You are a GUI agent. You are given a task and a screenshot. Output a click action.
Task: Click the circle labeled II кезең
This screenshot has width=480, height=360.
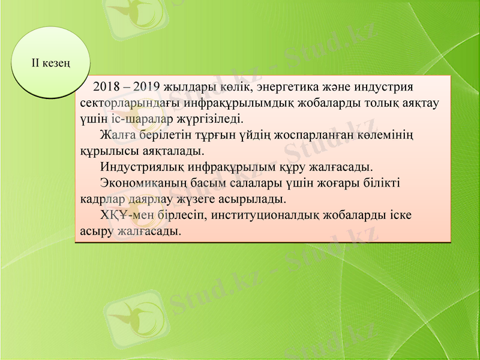(51, 62)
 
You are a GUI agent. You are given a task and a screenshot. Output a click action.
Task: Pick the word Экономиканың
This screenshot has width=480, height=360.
(141, 182)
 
